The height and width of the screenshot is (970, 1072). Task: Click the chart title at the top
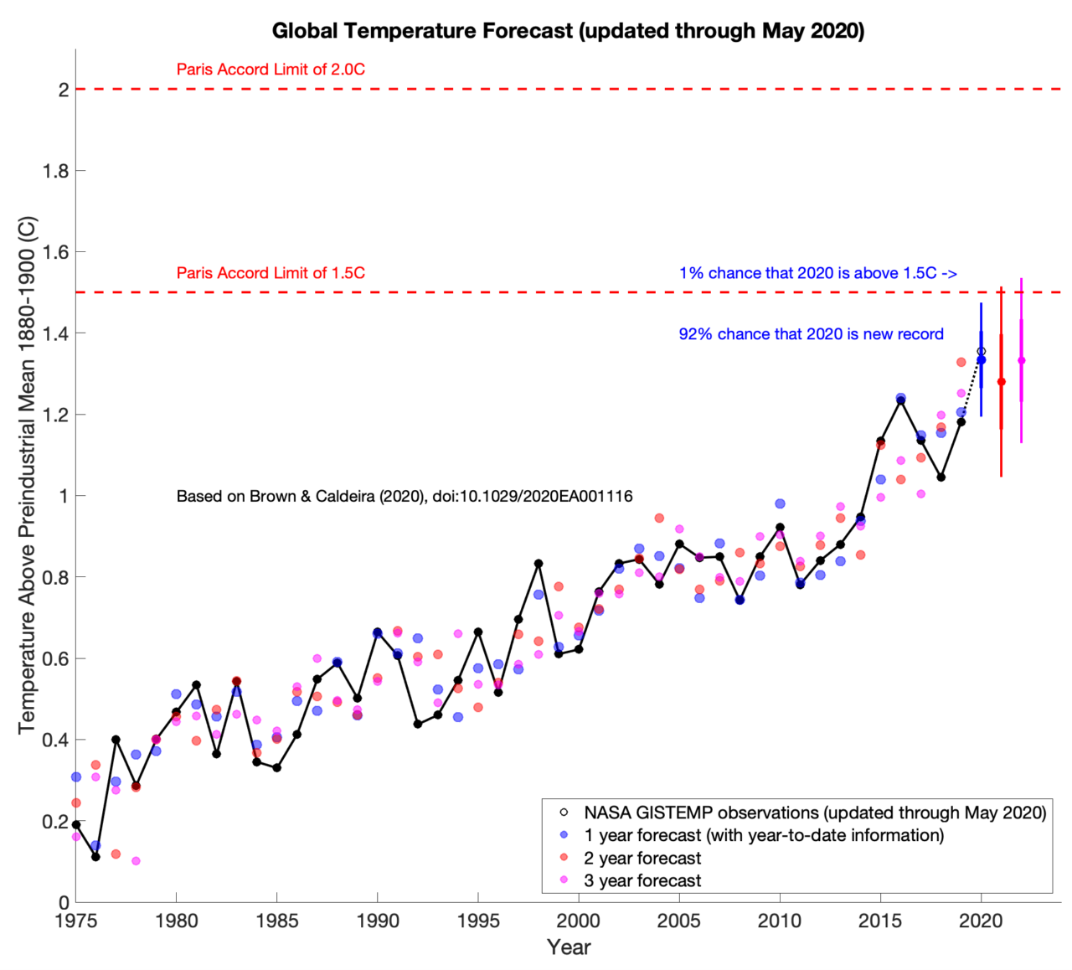tap(568, 31)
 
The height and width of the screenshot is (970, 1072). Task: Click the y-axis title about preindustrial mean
tap(28, 475)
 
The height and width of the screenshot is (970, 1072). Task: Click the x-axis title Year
tap(569, 947)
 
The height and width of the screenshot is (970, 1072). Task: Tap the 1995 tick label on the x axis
tap(477, 921)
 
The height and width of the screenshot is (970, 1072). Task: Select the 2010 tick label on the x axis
tap(779, 921)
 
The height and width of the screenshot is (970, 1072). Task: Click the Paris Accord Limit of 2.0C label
tap(271, 70)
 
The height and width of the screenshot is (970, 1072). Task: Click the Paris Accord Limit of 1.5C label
tap(271, 273)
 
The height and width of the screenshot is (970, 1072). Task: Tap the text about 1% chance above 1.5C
tap(817, 273)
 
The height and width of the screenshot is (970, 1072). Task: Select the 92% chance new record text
tap(811, 334)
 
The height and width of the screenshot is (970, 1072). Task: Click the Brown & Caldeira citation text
tap(405, 497)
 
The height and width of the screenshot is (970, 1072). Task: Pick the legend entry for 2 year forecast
tap(642, 858)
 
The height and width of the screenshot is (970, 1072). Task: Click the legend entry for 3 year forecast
tap(642, 880)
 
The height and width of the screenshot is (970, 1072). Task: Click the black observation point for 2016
tap(900, 400)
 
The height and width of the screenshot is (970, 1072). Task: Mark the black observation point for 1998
tap(539, 564)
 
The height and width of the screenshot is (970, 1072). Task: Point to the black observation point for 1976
tap(95, 857)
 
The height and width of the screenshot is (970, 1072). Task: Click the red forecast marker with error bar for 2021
tap(1001, 382)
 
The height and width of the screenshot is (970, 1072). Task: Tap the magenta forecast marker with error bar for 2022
tap(1021, 361)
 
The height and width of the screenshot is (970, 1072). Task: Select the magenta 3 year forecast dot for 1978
tap(136, 861)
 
